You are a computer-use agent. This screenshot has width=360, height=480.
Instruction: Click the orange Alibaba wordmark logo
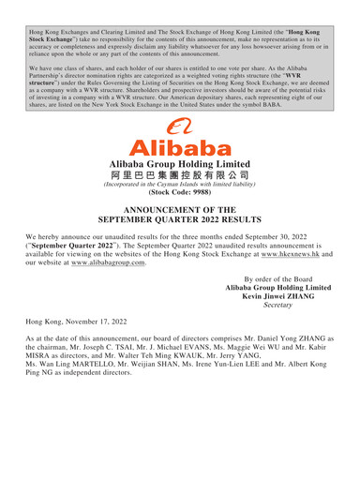tap(179, 148)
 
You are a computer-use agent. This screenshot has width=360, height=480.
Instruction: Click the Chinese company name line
tap(179, 175)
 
